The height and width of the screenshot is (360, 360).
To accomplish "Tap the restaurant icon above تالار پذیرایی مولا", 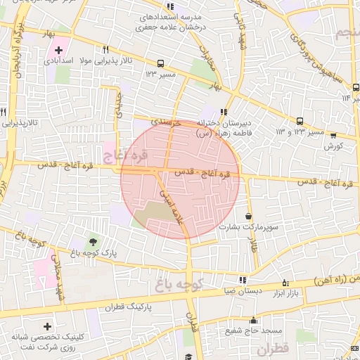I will pos(105,49).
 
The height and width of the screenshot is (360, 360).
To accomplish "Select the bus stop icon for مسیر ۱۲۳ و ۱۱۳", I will pos(301,120).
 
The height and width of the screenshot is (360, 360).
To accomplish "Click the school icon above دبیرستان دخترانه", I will pos(223,111).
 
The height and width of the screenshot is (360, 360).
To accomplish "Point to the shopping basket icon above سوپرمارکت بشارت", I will pos(249,216).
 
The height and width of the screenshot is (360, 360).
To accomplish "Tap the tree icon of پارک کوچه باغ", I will pos(94,243).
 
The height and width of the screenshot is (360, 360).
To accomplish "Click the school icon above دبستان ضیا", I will pos(243,279).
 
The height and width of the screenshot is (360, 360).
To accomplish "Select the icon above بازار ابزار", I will pos(285,280).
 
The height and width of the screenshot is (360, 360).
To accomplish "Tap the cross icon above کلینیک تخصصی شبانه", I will pos(47,327).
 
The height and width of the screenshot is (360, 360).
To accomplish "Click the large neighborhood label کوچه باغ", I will pos(179,285).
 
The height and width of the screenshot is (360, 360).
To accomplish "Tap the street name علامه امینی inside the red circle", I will pos(172,205).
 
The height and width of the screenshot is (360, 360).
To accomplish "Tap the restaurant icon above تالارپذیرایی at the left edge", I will pos(4,112).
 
